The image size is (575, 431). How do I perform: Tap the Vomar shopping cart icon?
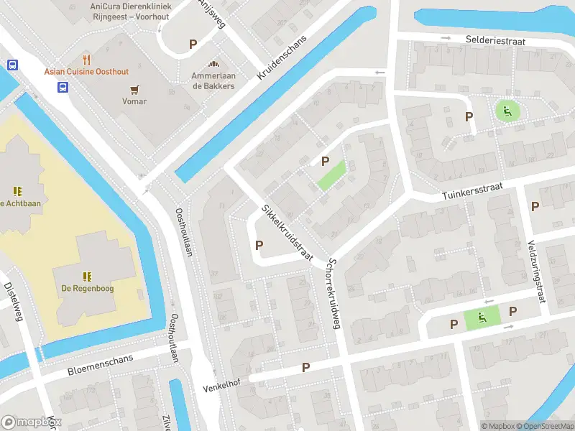click(134, 89)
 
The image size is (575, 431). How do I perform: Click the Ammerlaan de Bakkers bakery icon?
click(213, 64)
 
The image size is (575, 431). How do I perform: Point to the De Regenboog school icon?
click(87, 276)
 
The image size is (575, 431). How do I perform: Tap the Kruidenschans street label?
click(282, 57)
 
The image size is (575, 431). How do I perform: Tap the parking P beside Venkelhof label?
click(305, 367)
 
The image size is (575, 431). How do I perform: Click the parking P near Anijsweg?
click(193, 44)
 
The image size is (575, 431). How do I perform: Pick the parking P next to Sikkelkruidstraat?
click(259, 245)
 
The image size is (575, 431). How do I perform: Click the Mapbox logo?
click(30, 422)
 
